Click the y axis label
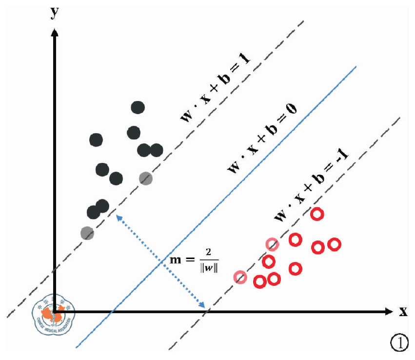coord(55,12)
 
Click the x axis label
coord(403,312)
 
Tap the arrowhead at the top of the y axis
coord(55,32)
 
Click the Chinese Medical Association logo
coord(55,314)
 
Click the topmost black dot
coord(138,108)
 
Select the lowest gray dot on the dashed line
coord(87,233)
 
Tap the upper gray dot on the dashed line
coord(145,179)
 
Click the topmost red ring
coord(317,214)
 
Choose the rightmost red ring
coord(334,244)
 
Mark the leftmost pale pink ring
coord(240,277)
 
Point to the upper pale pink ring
coord(272,244)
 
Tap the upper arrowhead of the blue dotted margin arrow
coord(118,216)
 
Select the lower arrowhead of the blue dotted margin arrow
coord(204,306)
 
